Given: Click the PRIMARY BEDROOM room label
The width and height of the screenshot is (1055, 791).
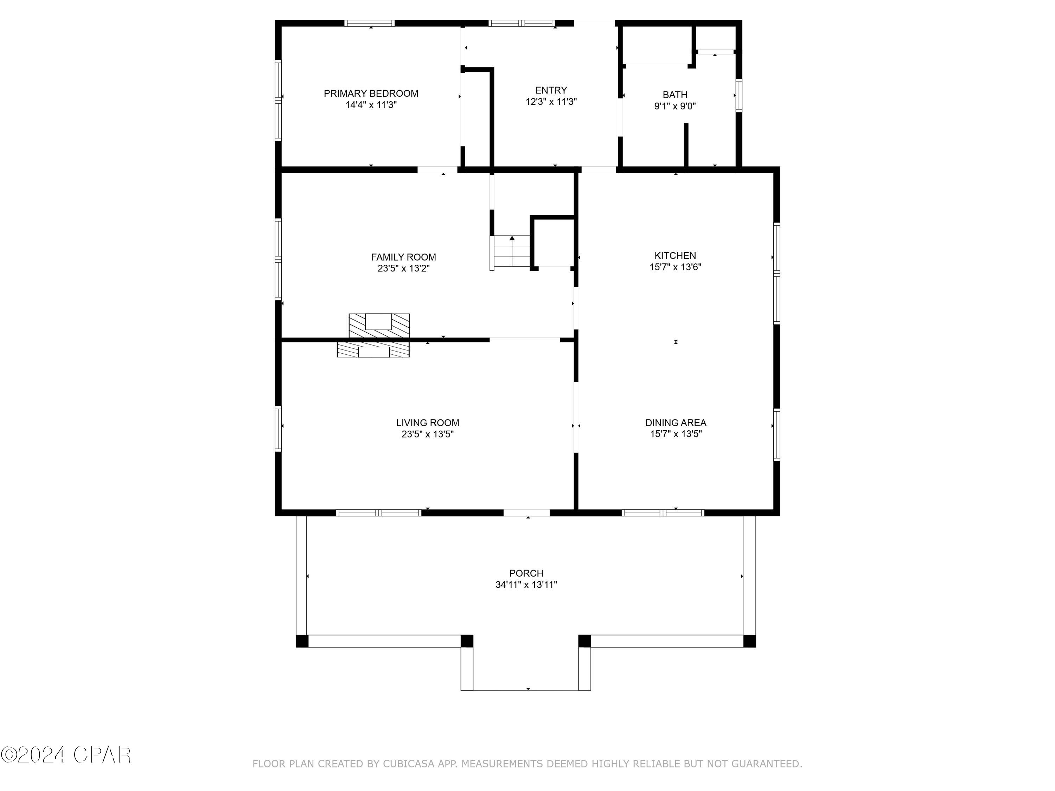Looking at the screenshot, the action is pyautogui.click(x=371, y=94).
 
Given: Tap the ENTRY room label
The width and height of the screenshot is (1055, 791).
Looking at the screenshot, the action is pyautogui.click(x=551, y=90).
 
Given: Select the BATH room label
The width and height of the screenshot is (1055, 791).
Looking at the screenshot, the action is pyautogui.click(x=675, y=95).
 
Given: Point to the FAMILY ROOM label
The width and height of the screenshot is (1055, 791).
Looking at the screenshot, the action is pyautogui.click(x=403, y=257).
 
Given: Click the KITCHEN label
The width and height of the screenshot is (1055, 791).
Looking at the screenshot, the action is pyautogui.click(x=675, y=256).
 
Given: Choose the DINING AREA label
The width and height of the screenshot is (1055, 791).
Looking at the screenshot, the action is pyautogui.click(x=676, y=423).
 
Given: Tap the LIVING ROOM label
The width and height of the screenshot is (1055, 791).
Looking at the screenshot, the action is pyautogui.click(x=427, y=423).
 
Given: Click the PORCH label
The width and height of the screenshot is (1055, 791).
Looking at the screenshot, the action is pyautogui.click(x=526, y=573).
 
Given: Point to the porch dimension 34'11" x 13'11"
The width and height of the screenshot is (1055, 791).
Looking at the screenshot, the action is pyautogui.click(x=526, y=585).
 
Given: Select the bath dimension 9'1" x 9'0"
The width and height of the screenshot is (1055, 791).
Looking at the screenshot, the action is pyautogui.click(x=675, y=106).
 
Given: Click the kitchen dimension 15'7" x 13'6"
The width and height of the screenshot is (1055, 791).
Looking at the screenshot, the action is pyautogui.click(x=675, y=267).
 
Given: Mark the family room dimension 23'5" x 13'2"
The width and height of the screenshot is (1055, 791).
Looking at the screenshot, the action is pyautogui.click(x=403, y=269).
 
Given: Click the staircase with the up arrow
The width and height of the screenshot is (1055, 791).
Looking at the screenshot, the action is pyautogui.click(x=511, y=252).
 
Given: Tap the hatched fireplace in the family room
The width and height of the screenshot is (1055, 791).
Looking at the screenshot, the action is pyautogui.click(x=379, y=326).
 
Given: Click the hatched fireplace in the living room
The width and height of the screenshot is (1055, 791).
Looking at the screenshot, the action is pyautogui.click(x=373, y=349).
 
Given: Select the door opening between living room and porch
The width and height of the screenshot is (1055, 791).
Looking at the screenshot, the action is pyautogui.click(x=526, y=513).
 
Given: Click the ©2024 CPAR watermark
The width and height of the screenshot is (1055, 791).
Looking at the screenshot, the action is pyautogui.click(x=66, y=755).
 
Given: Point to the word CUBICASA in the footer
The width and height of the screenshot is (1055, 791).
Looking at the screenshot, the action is pyautogui.click(x=409, y=764).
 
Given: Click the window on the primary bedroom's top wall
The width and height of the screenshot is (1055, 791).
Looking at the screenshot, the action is pyautogui.click(x=370, y=23).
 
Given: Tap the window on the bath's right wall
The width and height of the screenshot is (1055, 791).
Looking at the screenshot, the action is pyautogui.click(x=739, y=95).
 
